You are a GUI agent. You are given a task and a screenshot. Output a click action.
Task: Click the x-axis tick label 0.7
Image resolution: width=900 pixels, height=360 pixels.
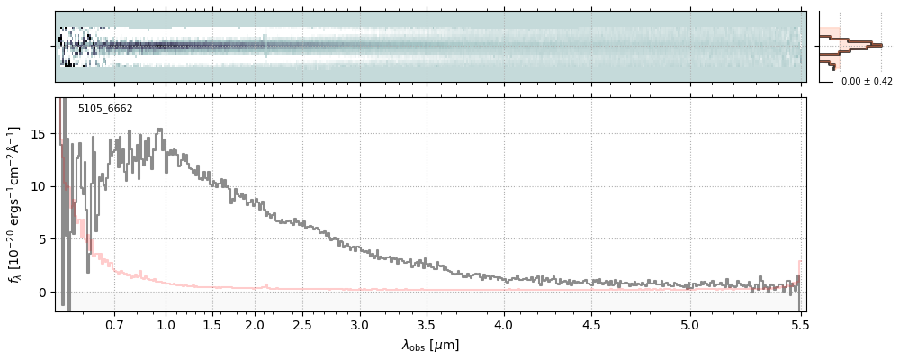pos(114,324)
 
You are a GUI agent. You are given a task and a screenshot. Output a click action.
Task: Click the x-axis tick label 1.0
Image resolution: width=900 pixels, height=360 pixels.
pos(166,324)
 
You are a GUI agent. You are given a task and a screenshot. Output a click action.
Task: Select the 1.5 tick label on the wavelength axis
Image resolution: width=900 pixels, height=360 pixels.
pos(212,324)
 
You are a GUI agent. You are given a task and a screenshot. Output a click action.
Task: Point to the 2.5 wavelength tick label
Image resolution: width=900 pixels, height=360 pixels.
pos(302,324)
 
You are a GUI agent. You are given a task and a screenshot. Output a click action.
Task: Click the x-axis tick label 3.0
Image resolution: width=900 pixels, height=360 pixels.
pos(360,324)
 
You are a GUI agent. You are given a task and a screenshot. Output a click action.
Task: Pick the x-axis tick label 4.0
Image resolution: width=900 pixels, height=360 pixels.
pos(504,324)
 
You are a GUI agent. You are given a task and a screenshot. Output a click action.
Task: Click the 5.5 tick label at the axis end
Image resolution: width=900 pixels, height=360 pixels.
pos(799,324)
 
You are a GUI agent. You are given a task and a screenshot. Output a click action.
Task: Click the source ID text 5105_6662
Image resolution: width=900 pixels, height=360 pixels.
pos(105,108)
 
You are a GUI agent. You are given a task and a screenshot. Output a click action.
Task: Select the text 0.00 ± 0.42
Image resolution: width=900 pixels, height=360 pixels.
pos(867,82)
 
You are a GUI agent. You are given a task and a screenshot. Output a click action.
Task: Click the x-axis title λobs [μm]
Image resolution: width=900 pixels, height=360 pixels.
pos(430,345)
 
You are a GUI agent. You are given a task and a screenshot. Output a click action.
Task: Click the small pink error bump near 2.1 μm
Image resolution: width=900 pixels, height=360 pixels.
pos(265,285)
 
